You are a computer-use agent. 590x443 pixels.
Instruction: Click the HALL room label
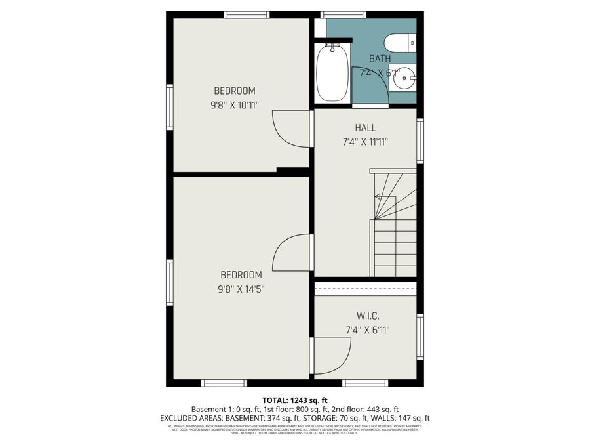pos(366,128)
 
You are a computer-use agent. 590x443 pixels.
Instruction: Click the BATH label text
pos(380,58)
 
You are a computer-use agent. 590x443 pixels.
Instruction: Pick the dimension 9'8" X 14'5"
pos(241,289)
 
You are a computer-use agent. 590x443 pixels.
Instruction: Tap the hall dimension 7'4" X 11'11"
pos(366,142)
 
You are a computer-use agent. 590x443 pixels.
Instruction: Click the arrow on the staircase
pos(380,196)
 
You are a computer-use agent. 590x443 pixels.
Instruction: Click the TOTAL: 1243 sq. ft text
pos(295,400)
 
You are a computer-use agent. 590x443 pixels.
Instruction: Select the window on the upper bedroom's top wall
pos(246,14)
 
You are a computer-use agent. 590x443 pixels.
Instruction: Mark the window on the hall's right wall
pos(420,140)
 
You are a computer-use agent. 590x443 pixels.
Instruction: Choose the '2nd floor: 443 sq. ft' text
pos(362,409)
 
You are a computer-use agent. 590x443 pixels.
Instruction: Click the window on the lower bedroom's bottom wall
pos(224,383)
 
